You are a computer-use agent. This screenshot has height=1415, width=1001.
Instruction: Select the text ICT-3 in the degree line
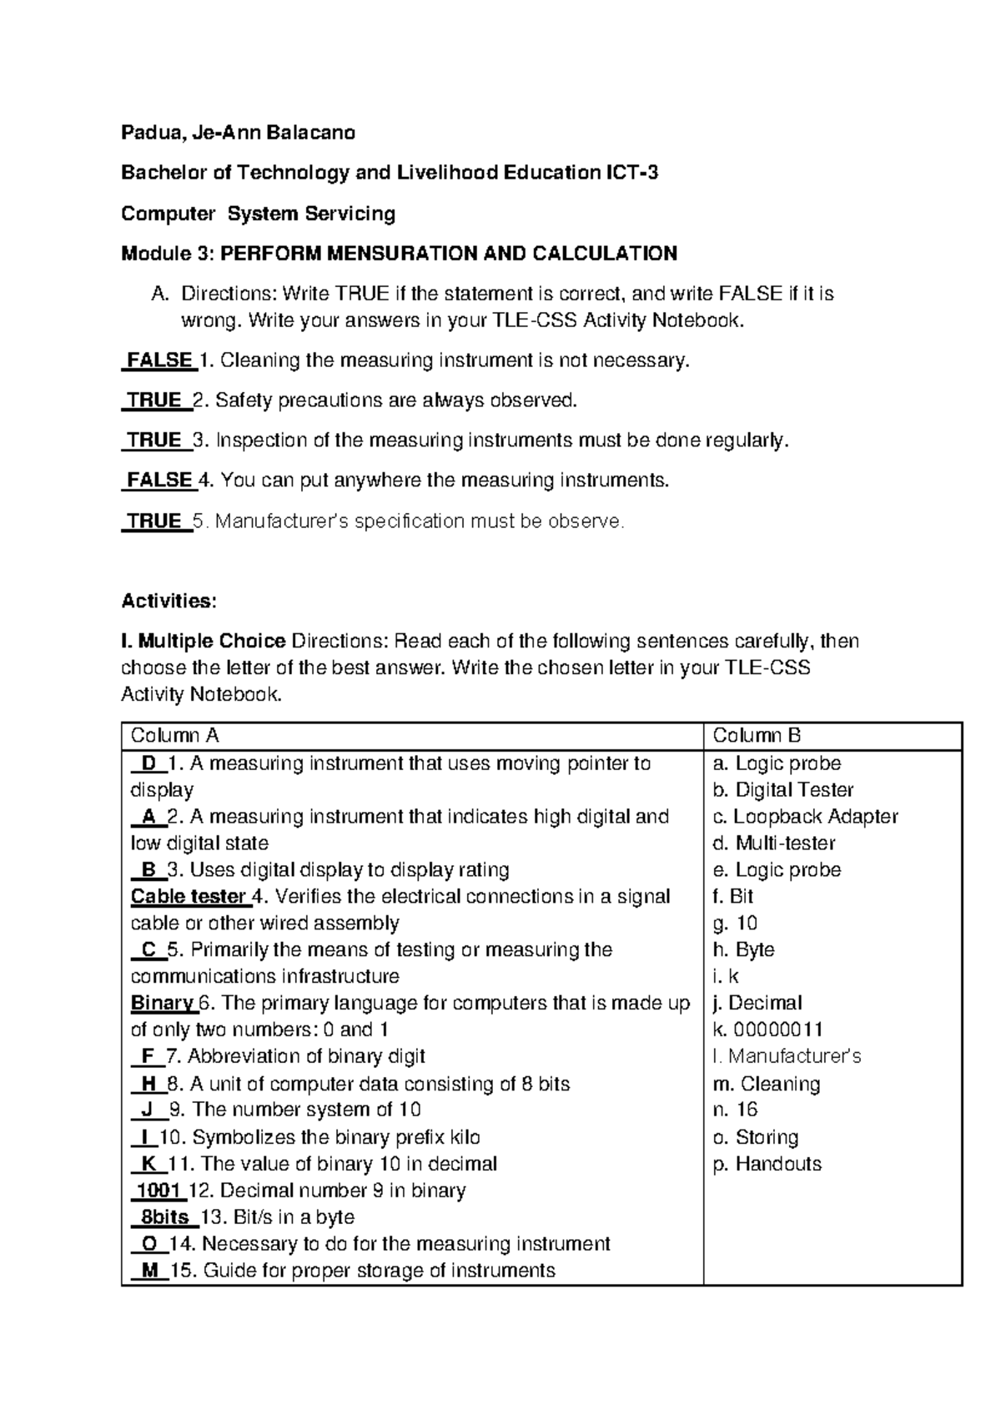point(631,173)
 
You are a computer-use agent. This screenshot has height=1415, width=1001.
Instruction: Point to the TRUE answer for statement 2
point(155,400)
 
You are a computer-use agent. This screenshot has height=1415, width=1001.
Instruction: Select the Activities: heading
point(169,601)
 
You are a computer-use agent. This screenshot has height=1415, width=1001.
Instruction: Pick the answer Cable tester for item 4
point(189,897)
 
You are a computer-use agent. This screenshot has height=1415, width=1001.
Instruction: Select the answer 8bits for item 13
point(164,1217)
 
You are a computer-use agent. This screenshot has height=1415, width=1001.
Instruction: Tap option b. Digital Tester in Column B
point(783,790)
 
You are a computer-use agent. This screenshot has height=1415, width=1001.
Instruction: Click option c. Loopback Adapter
point(805,817)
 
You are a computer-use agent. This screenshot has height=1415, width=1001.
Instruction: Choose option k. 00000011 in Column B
point(768,1030)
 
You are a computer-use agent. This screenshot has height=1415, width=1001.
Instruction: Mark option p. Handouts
point(767,1164)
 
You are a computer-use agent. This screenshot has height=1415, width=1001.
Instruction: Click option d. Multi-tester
point(774,843)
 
